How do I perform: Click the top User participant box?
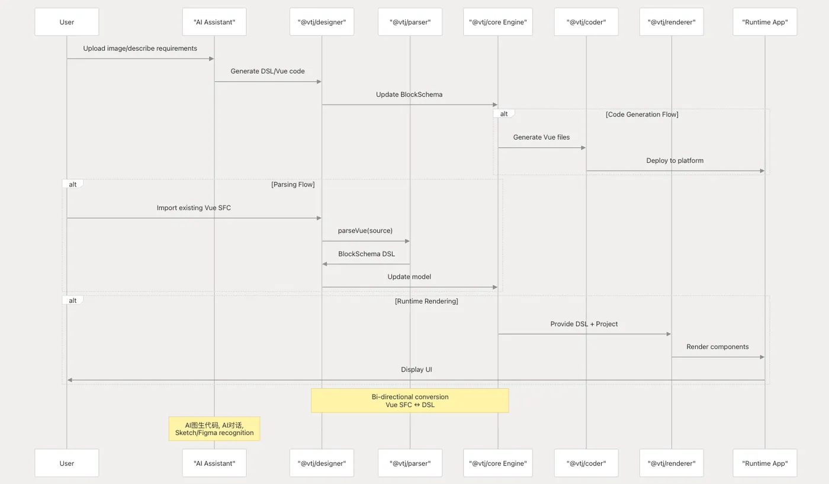click(66, 22)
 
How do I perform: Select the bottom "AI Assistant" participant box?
click(214, 463)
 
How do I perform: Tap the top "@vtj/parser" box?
click(410, 22)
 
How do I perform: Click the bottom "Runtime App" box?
click(765, 463)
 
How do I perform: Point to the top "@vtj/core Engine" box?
click(498, 22)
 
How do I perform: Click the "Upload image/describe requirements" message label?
click(140, 49)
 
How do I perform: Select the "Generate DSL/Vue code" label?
click(268, 71)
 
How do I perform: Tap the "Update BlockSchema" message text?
click(409, 94)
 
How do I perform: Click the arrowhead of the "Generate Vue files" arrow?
click(584, 148)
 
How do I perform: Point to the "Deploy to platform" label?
click(675, 160)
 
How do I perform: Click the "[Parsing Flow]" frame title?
click(293, 184)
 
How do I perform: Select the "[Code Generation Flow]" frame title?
click(642, 114)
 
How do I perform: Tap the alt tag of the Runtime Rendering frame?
click(72, 301)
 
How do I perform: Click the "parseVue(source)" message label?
click(365, 230)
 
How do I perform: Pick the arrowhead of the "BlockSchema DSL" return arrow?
click(324, 264)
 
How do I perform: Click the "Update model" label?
click(409, 276)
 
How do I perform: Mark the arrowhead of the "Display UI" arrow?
click(70, 380)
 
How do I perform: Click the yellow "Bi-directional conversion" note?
click(410, 401)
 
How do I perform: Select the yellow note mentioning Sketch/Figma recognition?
click(214, 429)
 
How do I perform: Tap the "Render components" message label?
click(718, 347)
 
